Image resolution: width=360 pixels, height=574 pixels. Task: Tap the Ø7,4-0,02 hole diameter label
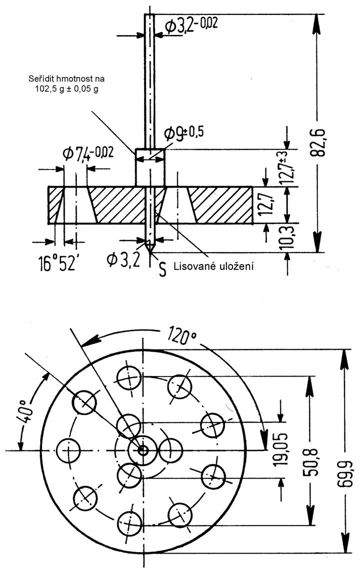click(88, 153)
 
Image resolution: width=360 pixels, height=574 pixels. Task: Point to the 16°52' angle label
click(57, 263)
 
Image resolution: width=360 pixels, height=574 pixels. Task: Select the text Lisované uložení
click(213, 266)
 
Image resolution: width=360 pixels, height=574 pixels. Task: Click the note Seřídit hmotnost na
click(66, 78)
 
